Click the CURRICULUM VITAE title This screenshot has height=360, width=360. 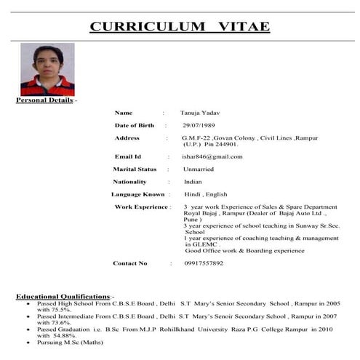click(180, 27)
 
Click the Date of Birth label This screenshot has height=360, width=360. click(135, 126)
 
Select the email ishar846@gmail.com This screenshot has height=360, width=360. click(212, 156)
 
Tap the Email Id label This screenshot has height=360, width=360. click(128, 156)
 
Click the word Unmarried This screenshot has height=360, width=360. click(199, 169)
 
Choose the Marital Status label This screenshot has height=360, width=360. click(135, 169)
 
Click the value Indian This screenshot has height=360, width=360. click(193, 181)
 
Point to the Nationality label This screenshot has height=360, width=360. click(129, 181)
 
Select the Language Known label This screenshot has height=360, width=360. click(138, 194)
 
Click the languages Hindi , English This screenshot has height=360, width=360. click(206, 194)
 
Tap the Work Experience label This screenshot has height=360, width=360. click(141, 207)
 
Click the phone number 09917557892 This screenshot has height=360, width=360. click(204, 263)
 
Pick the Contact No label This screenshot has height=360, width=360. click(130, 263)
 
